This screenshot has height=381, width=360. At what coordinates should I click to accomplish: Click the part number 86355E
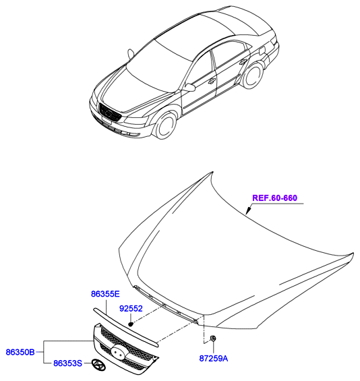coord(105,294)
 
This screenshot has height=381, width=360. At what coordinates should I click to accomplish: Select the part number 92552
coord(131,309)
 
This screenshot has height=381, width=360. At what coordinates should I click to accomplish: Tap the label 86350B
coord(20,352)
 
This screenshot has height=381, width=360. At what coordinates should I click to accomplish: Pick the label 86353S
coord(68,363)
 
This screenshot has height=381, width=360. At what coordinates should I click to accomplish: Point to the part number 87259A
coord(214,358)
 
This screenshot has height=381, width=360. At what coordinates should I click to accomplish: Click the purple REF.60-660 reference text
coord(275,198)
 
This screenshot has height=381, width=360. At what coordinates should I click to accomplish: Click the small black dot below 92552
coord(131,324)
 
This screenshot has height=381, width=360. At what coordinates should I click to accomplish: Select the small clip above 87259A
coord(213,339)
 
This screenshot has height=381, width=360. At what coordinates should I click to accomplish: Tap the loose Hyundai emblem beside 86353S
coord(98,365)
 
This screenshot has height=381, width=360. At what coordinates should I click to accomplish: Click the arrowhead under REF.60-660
coord(248,210)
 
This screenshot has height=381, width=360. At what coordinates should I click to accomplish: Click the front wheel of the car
coord(166,125)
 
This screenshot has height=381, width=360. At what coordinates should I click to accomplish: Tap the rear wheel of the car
coord(253,75)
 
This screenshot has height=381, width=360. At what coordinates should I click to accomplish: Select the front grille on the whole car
coord(110,113)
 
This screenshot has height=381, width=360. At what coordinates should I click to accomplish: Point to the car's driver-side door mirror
coord(190,88)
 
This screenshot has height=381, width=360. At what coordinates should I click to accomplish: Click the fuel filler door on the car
coord(262,51)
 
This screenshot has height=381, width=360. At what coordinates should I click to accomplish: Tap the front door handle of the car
coord(212,81)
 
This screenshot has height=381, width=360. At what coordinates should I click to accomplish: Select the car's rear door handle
coord(243,62)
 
